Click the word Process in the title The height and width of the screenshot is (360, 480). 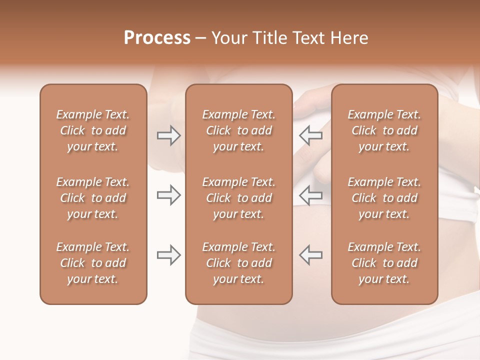[x=157, y=38]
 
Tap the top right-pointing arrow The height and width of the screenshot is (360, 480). [x=168, y=135]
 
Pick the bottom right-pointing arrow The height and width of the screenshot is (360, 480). [x=168, y=255]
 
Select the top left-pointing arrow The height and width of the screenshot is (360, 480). [x=311, y=135]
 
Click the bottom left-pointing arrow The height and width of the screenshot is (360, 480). [x=311, y=255]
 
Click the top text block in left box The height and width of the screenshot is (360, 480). [x=93, y=130]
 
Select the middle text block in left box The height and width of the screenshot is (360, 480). [x=93, y=198]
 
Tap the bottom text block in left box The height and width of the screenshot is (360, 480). [x=93, y=263]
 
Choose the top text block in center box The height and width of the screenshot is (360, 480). [x=238, y=130]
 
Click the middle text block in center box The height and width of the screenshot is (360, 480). [x=238, y=198]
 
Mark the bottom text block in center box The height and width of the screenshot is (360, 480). [x=238, y=263]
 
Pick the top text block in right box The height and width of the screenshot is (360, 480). [x=384, y=130]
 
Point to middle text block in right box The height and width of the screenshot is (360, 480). [x=384, y=198]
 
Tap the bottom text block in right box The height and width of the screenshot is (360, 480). [x=384, y=263]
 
